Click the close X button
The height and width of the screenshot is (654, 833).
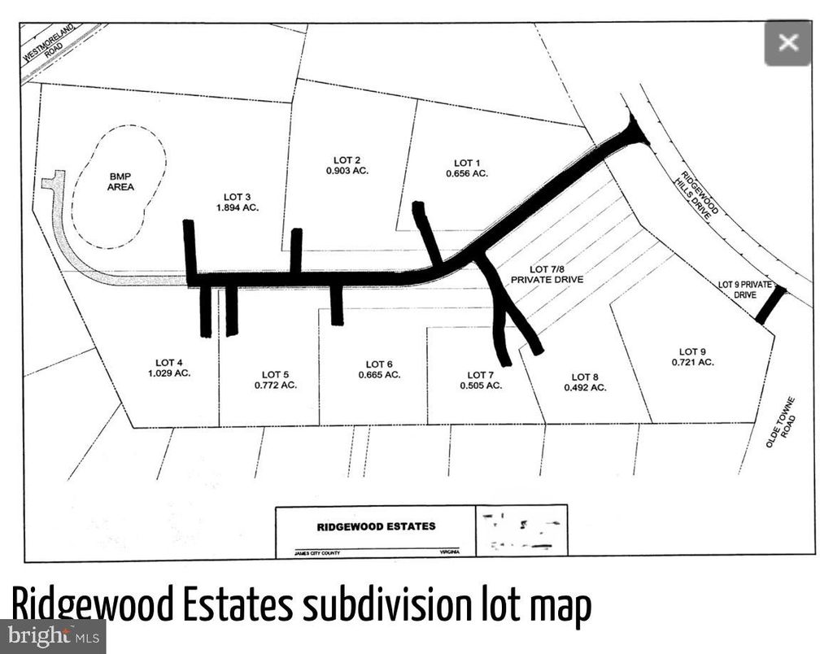click(787, 42)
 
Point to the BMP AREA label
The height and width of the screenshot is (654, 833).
click(120, 181)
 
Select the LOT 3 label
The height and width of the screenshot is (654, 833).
click(241, 196)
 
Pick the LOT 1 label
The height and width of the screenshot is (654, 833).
click(467, 163)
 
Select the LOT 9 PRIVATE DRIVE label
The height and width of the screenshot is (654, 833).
click(737, 289)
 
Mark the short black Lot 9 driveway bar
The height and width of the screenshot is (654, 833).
click(770, 305)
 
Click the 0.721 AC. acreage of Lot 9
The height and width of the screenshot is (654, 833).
click(692, 362)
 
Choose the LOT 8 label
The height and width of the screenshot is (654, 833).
click(585, 377)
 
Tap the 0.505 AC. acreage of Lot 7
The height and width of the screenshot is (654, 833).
click(480, 386)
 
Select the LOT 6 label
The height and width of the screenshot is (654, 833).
click(379, 364)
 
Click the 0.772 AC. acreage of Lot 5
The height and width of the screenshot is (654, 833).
click(276, 385)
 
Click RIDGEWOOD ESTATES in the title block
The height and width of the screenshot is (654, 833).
click(376, 526)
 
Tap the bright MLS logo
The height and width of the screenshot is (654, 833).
click(53, 635)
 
